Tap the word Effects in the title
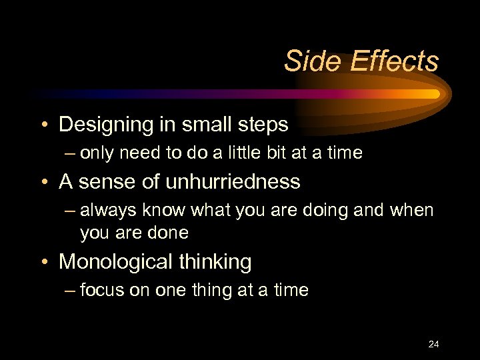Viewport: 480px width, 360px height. (394, 61)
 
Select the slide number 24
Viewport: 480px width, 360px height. (433, 344)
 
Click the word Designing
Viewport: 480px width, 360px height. (106, 125)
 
